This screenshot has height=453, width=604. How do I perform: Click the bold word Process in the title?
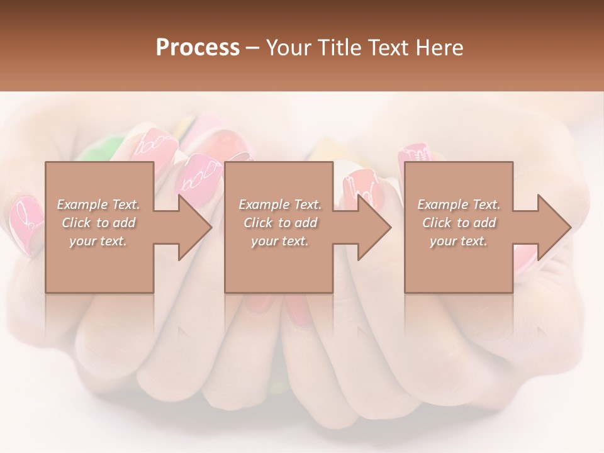tap(198, 48)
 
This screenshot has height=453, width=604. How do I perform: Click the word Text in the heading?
tap(388, 48)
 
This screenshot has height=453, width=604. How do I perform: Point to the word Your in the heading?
tap(288, 48)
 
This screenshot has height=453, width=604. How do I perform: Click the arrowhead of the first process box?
tap(195, 227)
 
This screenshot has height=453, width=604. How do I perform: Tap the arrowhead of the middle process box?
tap(374, 227)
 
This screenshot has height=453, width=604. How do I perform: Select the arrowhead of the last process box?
tap(554, 227)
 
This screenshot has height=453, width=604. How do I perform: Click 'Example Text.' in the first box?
tap(98, 204)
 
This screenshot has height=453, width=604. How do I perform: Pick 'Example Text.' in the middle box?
tap(280, 204)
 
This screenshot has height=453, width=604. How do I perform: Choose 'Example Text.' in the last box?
tap(459, 204)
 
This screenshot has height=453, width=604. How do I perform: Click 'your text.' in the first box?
tap(98, 241)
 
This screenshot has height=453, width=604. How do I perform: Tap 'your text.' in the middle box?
tap(279, 241)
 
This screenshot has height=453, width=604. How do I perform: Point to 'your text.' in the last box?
tap(458, 241)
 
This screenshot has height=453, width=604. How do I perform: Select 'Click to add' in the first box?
tap(99, 223)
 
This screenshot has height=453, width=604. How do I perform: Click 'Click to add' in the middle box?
tap(280, 223)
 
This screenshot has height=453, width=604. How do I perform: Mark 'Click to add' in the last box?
tap(459, 223)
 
